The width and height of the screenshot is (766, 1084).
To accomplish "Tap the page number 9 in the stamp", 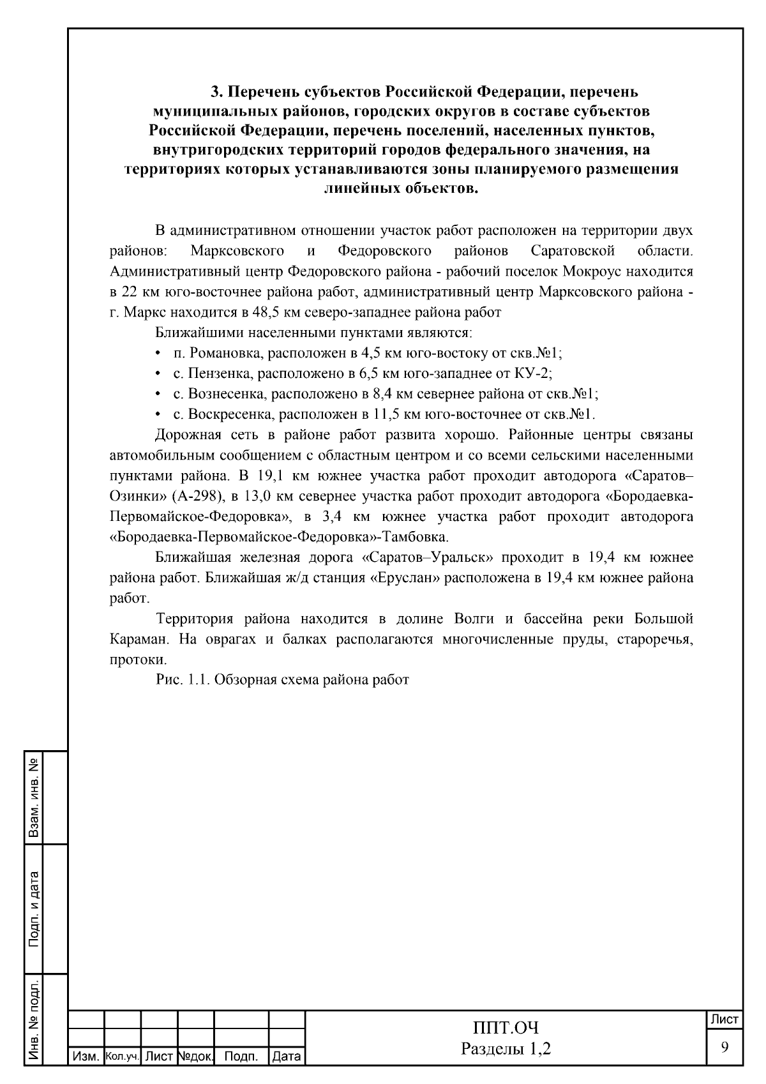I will [725, 1047].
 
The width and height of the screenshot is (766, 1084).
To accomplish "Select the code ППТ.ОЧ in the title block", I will [506, 1028].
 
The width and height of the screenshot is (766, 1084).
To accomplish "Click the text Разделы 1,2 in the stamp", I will [506, 1049].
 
